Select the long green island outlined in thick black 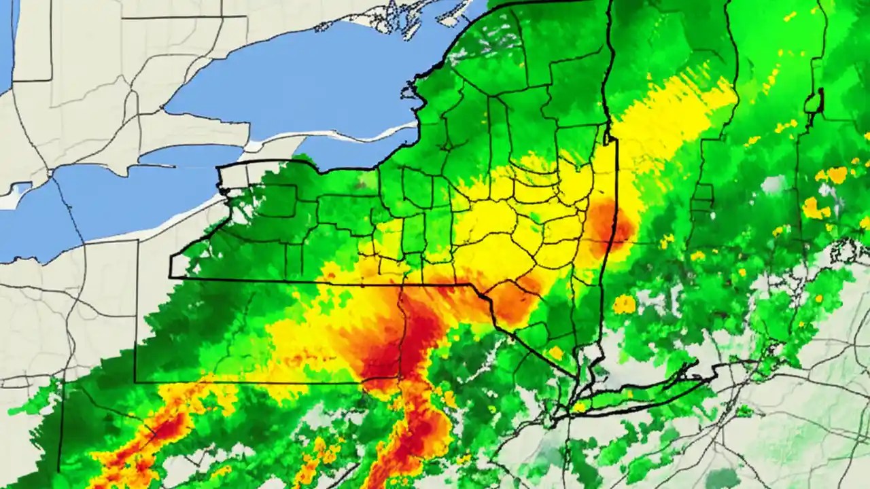646,391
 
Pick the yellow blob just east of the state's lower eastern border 624,304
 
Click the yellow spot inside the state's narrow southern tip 556,352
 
